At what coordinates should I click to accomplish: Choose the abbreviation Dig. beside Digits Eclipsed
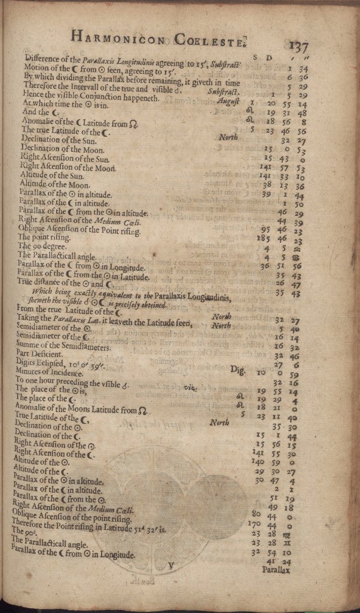tap(237, 370)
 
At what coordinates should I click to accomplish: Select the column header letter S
tap(256, 57)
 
